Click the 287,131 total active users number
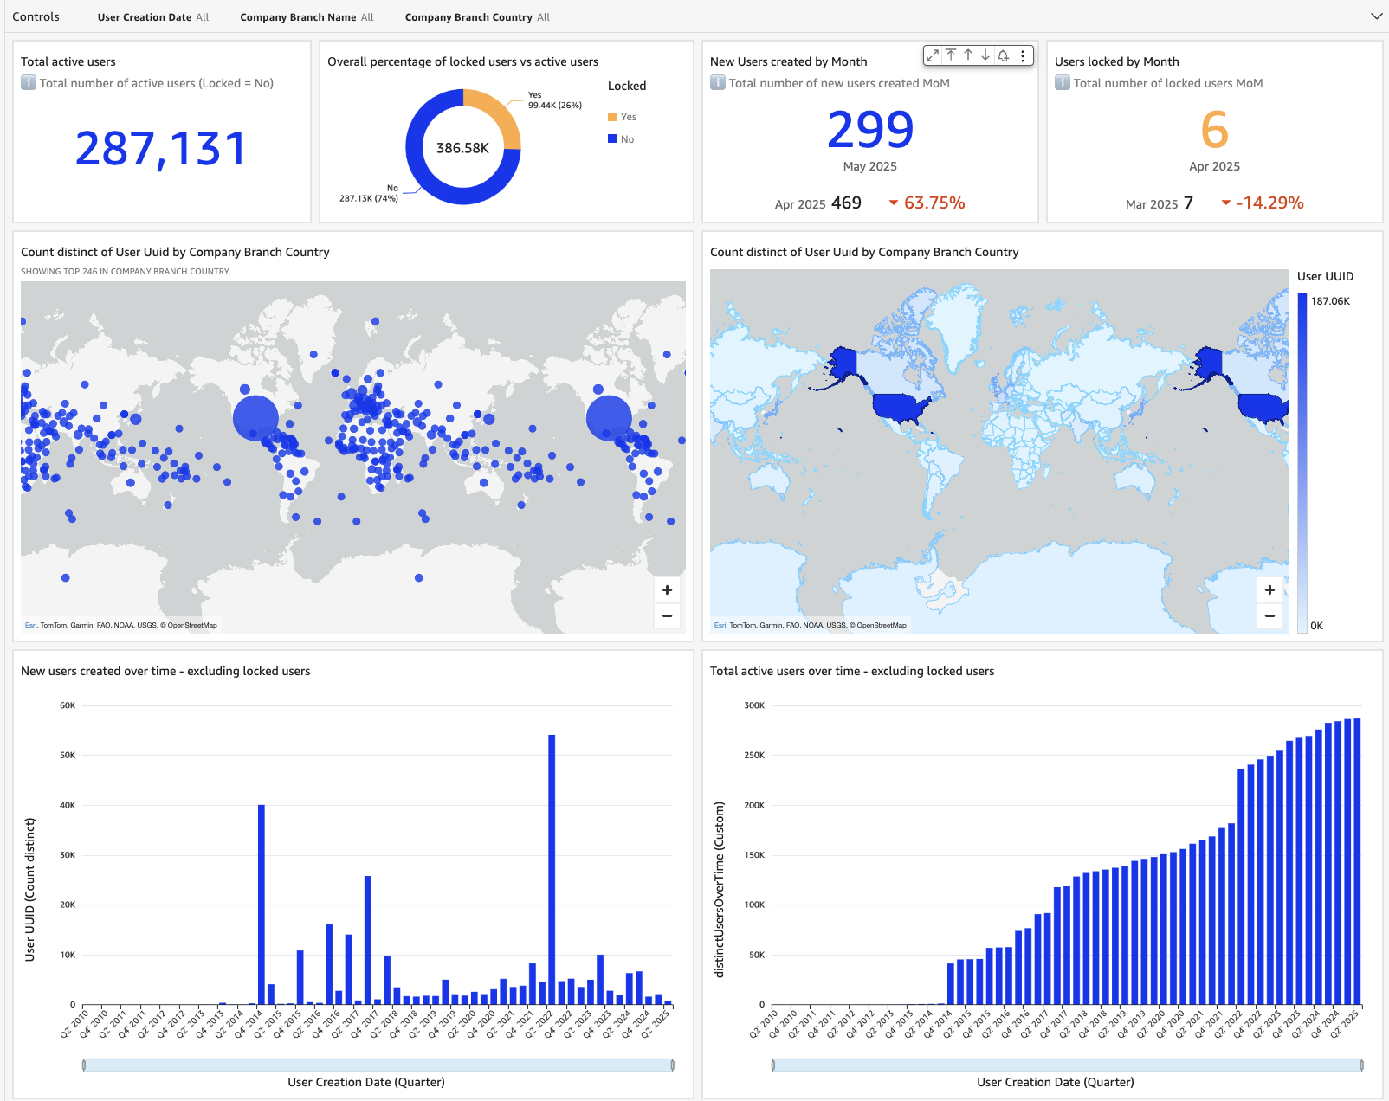tap(161, 148)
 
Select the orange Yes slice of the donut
tap(498, 113)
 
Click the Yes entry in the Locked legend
tap(628, 117)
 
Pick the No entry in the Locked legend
tap(627, 139)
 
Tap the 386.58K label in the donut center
tap(462, 148)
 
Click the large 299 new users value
tap(870, 130)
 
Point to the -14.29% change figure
tap(1269, 203)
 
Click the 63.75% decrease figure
tap(934, 203)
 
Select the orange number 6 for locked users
tap(1214, 130)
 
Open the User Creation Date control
tap(153, 17)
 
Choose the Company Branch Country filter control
tap(477, 17)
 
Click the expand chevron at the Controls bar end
tap(1376, 16)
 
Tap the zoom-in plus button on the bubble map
tap(667, 590)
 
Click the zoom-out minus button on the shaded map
tap(1269, 616)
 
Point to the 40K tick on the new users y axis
tap(68, 805)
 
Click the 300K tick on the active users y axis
tap(754, 705)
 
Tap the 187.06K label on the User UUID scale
tap(1330, 301)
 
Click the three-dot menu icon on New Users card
tap(1023, 55)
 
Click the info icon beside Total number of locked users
tap(1063, 83)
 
